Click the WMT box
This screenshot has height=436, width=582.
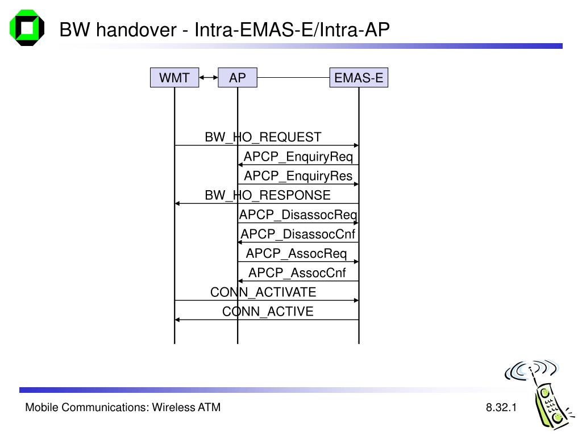point(174,77)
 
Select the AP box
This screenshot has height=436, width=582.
point(238,77)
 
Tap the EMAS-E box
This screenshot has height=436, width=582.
point(359,77)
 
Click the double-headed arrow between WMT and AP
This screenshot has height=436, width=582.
point(209,77)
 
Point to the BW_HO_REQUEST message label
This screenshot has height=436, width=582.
point(263,137)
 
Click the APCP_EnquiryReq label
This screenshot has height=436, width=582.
point(298,157)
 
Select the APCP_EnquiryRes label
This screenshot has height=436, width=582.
point(298,176)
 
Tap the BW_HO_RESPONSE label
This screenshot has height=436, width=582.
point(268,195)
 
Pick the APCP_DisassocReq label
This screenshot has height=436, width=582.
point(298,215)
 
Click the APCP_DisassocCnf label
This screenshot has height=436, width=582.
point(298,234)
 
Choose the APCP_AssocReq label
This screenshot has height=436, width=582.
point(296,254)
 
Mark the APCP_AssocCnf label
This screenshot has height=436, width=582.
point(297,273)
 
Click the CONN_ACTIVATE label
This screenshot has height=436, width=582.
point(263,292)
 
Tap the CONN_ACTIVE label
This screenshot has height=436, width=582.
point(268,312)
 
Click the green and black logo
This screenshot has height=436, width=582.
point(27,28)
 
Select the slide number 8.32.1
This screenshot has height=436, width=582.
point(501,408)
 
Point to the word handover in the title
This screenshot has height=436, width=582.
point(136,30)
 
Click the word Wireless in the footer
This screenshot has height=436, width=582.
point(173,408)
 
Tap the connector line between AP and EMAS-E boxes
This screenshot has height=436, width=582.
point(293,77)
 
